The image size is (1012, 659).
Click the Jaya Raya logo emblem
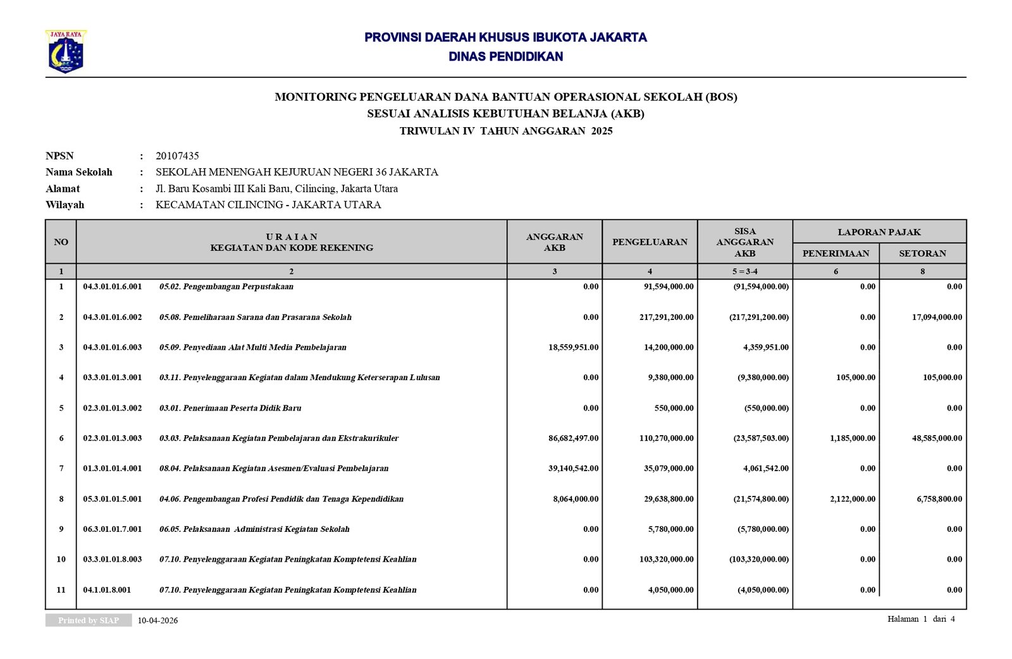(x=65, y=52)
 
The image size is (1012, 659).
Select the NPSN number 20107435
(x=177, y=156)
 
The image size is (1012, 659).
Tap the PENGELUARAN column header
(x=650, y=242)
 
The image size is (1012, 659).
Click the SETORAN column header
(x=922, y=253)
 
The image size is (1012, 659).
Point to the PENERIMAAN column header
(x=836, y=253)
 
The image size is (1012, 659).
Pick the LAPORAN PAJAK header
(x=879, y=232)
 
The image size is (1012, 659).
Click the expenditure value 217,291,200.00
(x=666, y=317)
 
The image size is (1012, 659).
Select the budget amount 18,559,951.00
(x=573, y=347)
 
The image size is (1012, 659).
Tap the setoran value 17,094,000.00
(x=937, y=317)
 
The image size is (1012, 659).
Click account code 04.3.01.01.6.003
(x=113, y=347)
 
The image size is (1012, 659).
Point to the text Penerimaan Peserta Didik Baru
(x=242, y=408)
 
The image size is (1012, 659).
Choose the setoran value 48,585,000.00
(x=937, y=438)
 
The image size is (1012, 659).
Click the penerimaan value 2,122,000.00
(x=853, y=499)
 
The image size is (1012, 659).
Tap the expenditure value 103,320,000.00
(x=666, y=559)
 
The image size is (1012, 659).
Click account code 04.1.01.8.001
(x=107, y=589)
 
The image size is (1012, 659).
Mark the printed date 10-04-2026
(x=157, y=620)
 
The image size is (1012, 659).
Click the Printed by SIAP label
(x=89, y=620)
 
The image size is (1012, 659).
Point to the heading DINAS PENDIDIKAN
(x=505, y=56)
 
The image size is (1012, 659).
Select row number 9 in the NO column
(x=61, y=529)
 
